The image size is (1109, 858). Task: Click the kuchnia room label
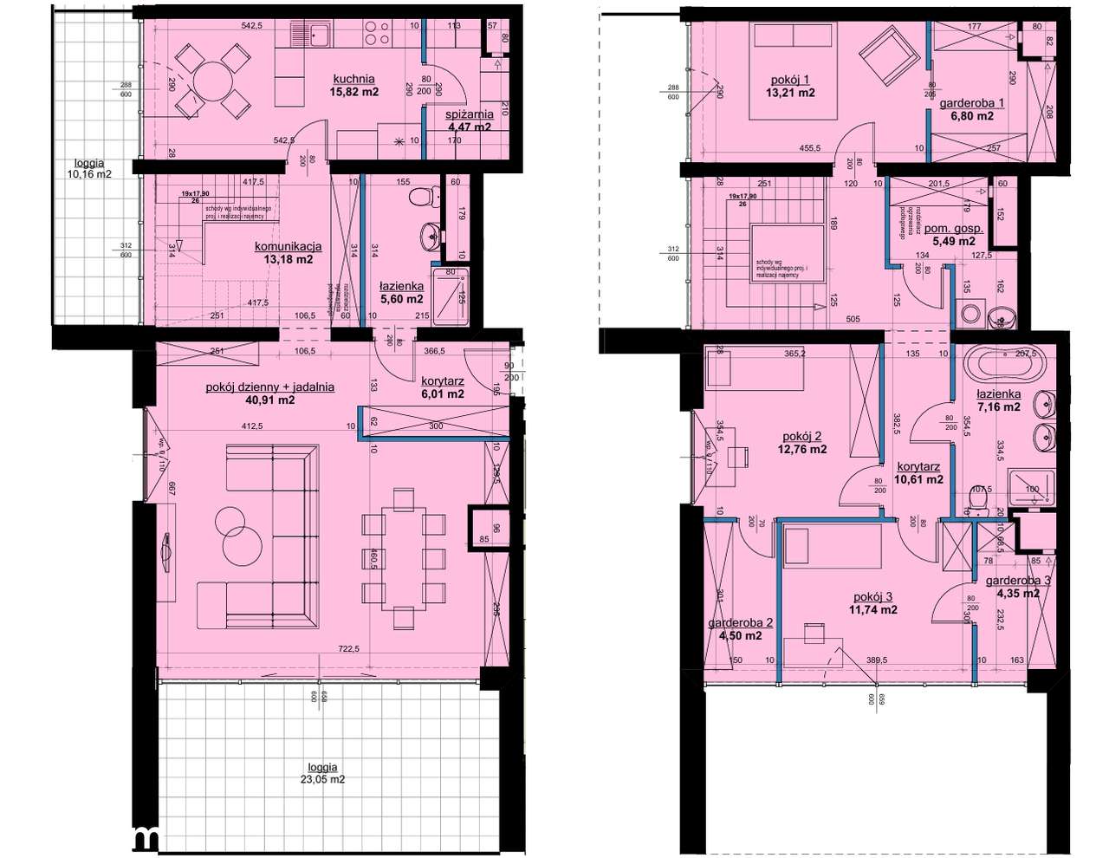[x=353, y=79]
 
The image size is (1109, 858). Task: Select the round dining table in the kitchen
[x=208, y=82]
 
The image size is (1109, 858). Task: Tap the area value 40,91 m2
[x=269, y=400]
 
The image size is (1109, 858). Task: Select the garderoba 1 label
[x=972, y=103]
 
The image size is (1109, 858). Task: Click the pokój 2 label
[x=801, y=437]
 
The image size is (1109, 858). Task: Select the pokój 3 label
[x=872, y=596]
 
